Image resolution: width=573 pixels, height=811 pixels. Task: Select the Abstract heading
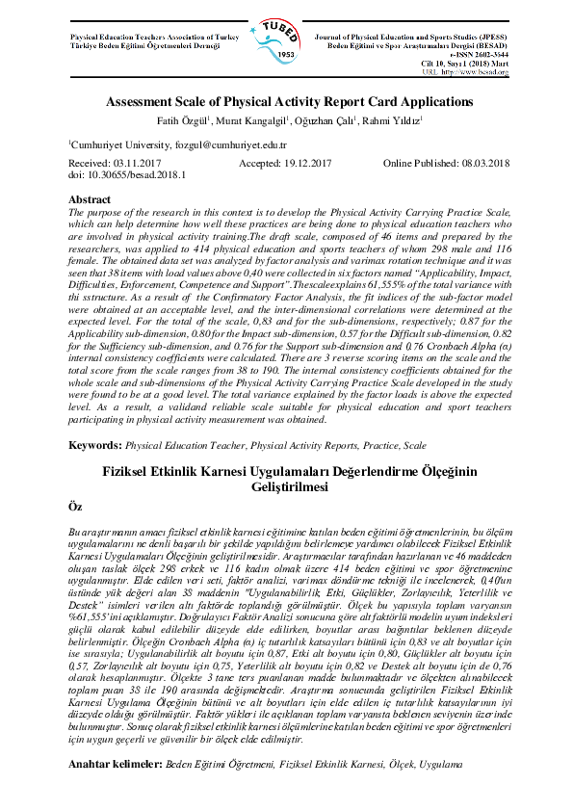tap(89, 199)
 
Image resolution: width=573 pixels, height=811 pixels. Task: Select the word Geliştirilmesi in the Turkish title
tap(286, 487)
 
